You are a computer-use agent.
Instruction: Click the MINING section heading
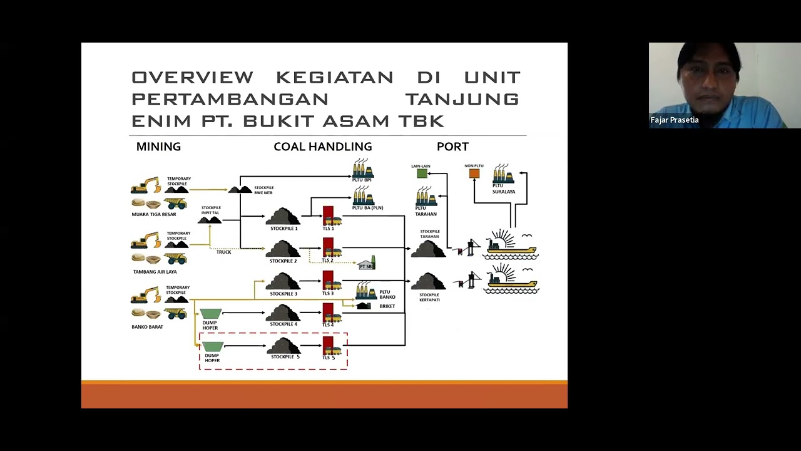pos(158,147)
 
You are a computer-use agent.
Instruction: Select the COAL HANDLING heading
pos(322,147)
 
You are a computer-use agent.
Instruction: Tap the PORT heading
pos(452,147)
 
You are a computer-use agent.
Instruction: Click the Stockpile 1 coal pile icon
pos(283,216)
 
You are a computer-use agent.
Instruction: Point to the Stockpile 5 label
pos(285,357)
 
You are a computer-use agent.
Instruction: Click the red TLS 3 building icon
pos(328,280)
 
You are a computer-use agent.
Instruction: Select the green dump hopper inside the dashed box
pos(213,346)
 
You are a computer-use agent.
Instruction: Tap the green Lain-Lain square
pos(422,174)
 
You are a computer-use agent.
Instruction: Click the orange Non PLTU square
pos(474,174)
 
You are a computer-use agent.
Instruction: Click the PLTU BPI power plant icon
pos(362,168)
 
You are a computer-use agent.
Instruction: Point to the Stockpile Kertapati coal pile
pos(428,281)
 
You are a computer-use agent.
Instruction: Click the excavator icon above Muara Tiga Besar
pos(146,186)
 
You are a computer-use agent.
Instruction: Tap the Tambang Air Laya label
pos(155,272)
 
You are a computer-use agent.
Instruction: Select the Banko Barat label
pos(147,327)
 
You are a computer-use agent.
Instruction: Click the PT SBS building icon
pos(367,264)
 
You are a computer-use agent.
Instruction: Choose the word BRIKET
pos(387,306)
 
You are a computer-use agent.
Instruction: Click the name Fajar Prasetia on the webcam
pos(675,120)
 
